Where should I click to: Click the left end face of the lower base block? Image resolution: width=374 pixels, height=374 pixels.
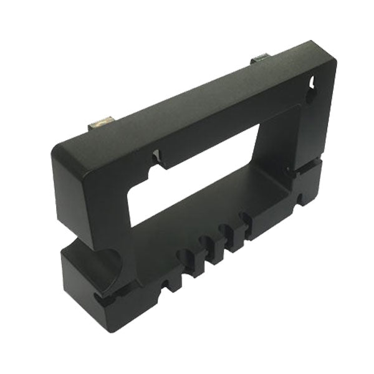click(75, 274)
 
